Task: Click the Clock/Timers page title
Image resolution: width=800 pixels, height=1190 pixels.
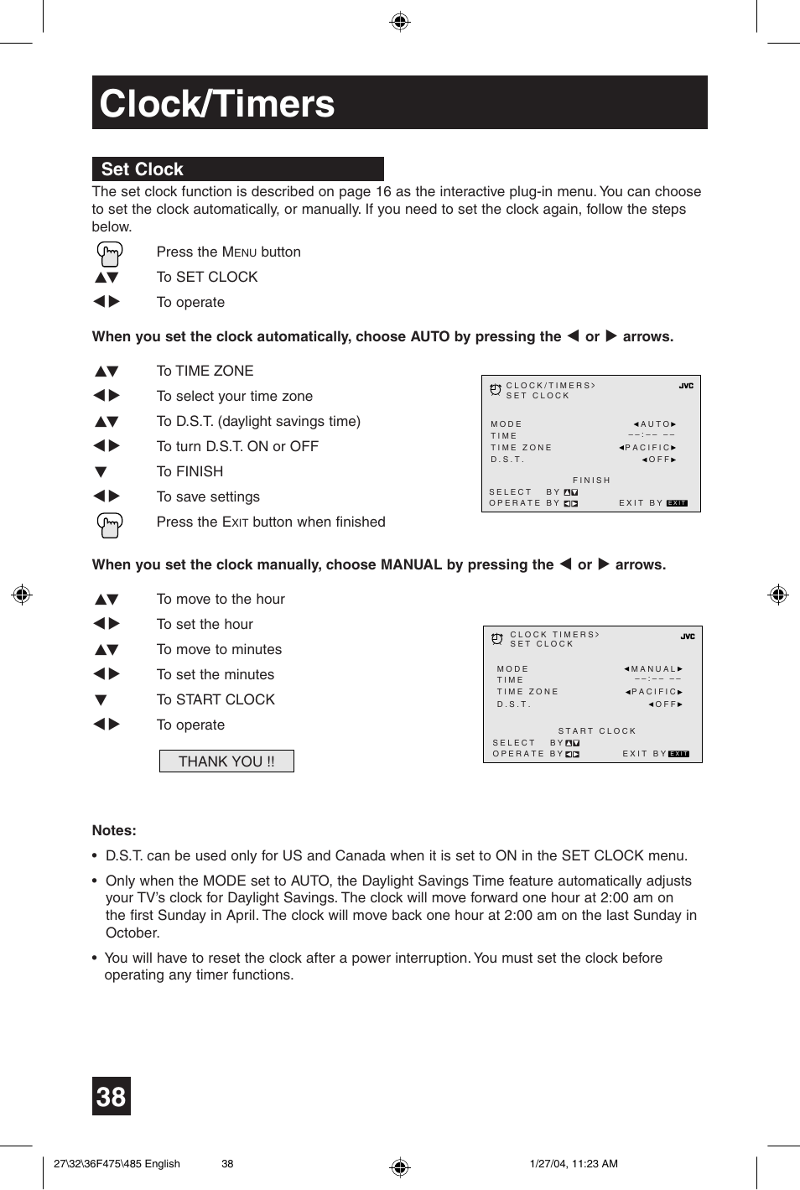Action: click(217, 104)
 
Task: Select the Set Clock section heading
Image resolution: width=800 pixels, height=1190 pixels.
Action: click(143, 169)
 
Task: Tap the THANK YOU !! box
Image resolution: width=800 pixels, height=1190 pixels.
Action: click(226, 761)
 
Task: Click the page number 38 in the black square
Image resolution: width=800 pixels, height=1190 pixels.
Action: click(112, 1096)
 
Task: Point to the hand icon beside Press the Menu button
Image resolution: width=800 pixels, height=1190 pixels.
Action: click(109, 253)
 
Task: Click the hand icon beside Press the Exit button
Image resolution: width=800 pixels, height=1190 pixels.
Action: click(109, 524)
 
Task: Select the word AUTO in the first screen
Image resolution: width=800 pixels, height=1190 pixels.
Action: click(655, 424)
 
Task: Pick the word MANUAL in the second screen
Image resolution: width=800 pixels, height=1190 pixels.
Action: click(653, 669)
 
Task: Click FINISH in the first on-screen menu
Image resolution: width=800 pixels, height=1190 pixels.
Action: click(591, 481)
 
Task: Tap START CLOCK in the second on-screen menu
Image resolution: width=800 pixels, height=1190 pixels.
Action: click(597, 731)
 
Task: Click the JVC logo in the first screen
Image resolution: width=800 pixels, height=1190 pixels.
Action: click(686, 387)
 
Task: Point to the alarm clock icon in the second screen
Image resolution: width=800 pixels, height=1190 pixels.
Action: click(497, 639)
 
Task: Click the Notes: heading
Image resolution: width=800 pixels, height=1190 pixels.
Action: click(114, 830)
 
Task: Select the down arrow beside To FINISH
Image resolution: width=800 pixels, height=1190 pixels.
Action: click(101, 472)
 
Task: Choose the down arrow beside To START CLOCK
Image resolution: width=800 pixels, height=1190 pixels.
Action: click(101, 700)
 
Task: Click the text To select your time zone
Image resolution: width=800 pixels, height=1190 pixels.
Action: click(234, 396)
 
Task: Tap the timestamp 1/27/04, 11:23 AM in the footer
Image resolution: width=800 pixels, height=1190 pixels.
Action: click(574, 1163)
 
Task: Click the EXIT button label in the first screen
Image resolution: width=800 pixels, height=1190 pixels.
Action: click(677, 503)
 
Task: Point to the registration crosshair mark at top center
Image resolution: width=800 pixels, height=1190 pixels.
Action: click(400, 22)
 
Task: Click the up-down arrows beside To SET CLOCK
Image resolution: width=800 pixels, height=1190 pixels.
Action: click(106, 278)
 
